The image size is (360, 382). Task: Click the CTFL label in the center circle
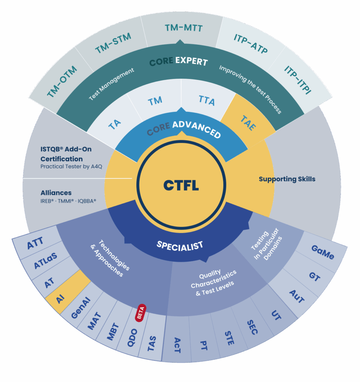pos(181,185)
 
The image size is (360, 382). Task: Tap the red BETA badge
pos(141,313)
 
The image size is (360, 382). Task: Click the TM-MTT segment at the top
pos(184,28)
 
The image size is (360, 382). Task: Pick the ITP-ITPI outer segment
pos(298,79)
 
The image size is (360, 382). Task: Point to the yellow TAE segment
pos(248,123)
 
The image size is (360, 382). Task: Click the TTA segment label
pos(207,100)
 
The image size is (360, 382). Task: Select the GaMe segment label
pos(323,253)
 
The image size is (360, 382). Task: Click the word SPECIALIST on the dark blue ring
pos(180,245)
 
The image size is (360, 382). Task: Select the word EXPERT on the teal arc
pos(191,61)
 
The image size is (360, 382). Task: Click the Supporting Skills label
pos(287,179)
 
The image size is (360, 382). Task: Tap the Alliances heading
pos(56,193)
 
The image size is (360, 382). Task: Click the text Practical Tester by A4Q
pos(66,166)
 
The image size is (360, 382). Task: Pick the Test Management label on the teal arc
pos(111,84)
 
